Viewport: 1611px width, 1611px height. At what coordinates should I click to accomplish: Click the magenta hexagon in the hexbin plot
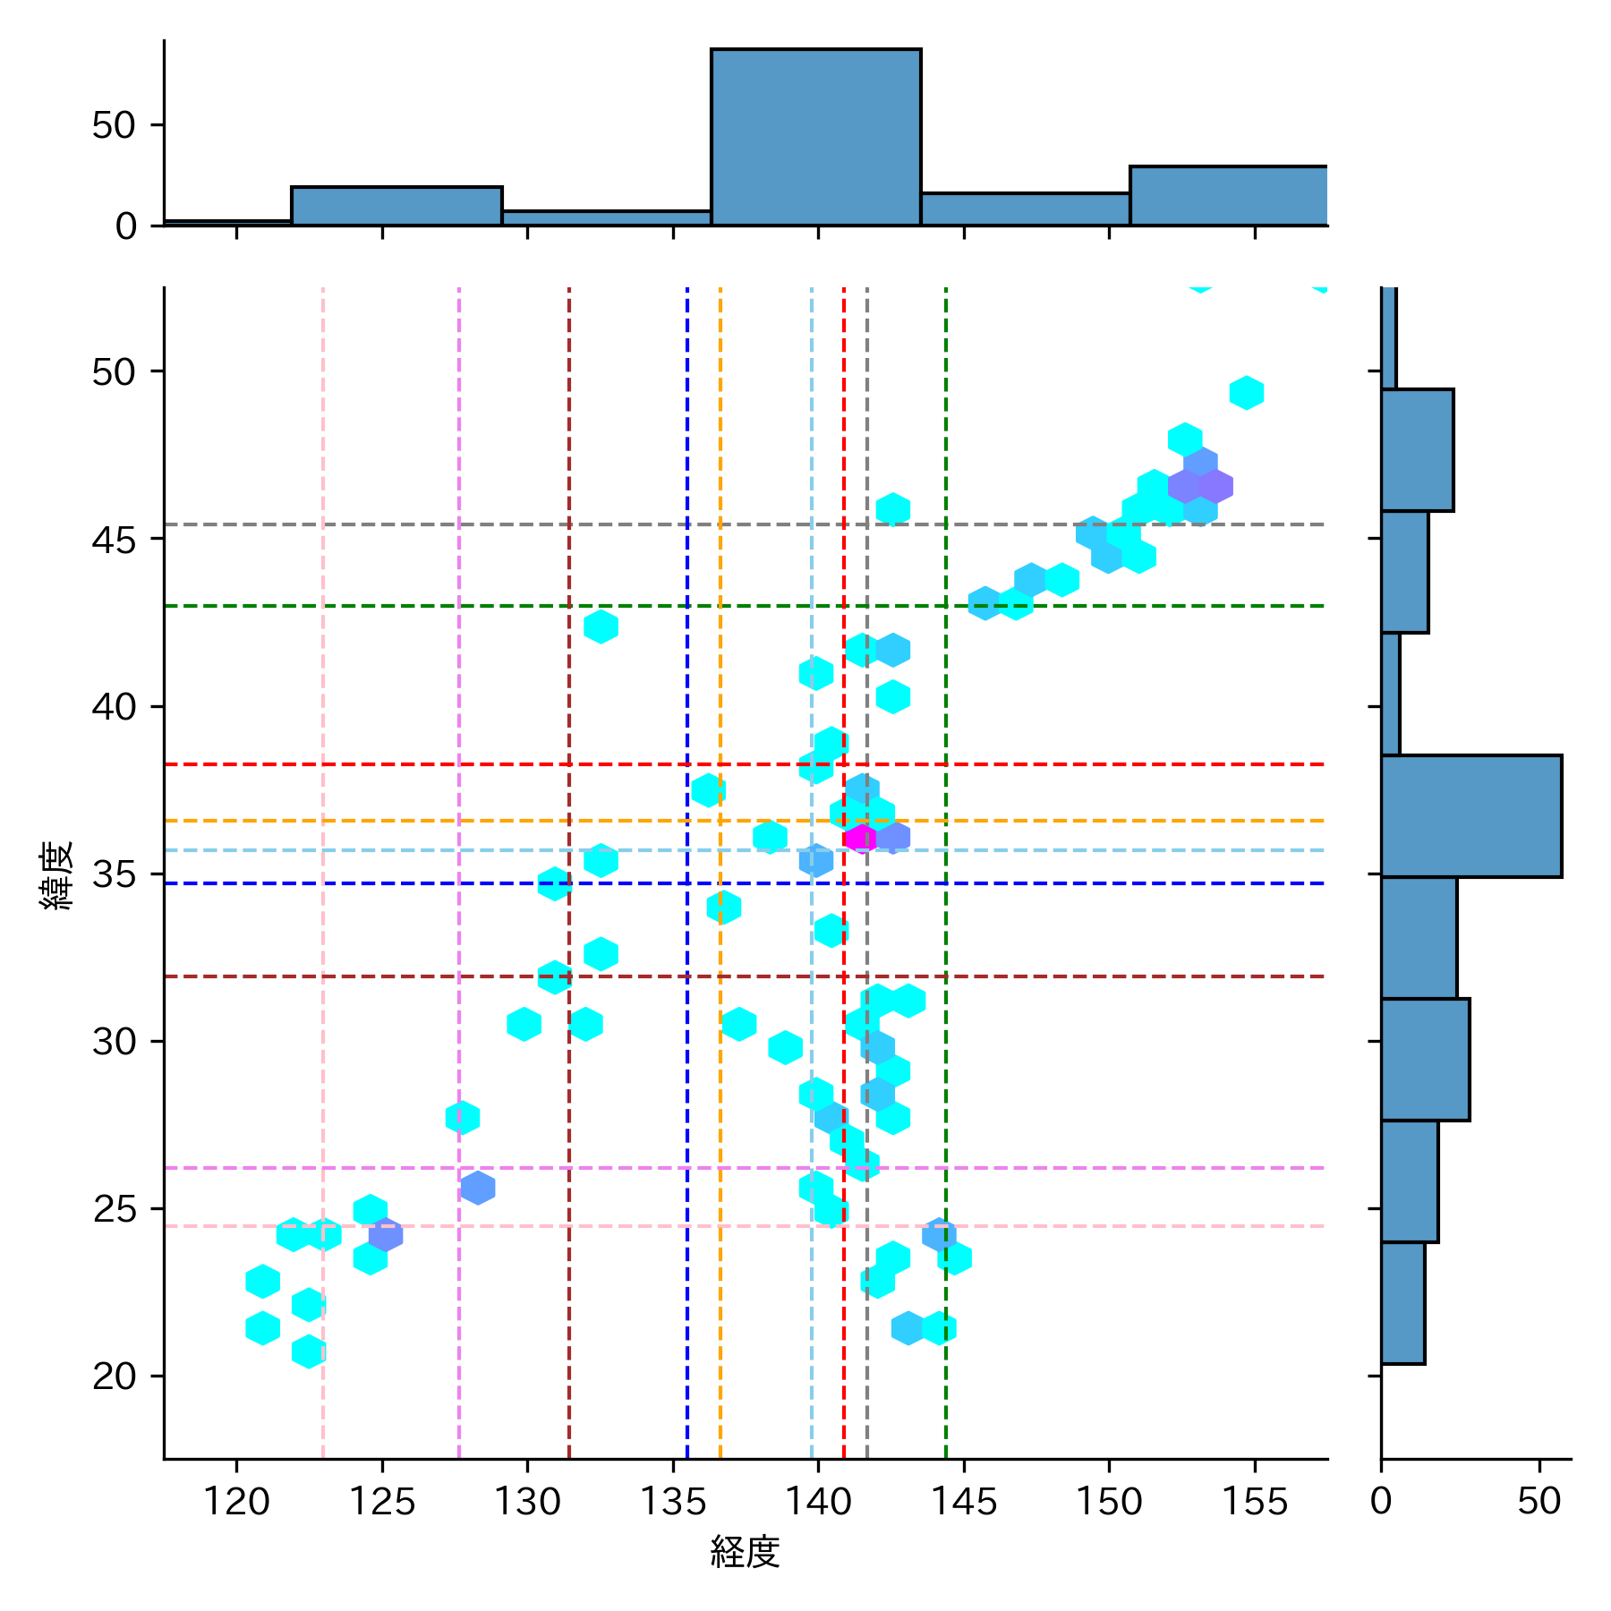tap(860, 838)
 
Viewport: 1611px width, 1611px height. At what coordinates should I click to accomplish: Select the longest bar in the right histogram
tap(1470, 815)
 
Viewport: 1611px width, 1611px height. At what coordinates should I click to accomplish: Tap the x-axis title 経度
tap(745, 1552)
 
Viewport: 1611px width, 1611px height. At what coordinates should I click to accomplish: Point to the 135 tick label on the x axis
tap(673, 1501)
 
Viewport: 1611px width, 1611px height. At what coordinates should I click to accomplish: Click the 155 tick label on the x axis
tap(1254, 1501)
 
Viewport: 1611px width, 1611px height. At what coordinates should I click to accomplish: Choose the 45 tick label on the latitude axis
tap(115, 540)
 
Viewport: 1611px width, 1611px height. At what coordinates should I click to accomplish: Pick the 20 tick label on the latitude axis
tap(115, 1376)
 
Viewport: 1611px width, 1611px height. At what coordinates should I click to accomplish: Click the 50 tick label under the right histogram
tap(1539, 1501)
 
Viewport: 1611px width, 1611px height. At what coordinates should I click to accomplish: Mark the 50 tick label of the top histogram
tap(115, 125)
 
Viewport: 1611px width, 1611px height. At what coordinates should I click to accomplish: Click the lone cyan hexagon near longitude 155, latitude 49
tap(1246, 392)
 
